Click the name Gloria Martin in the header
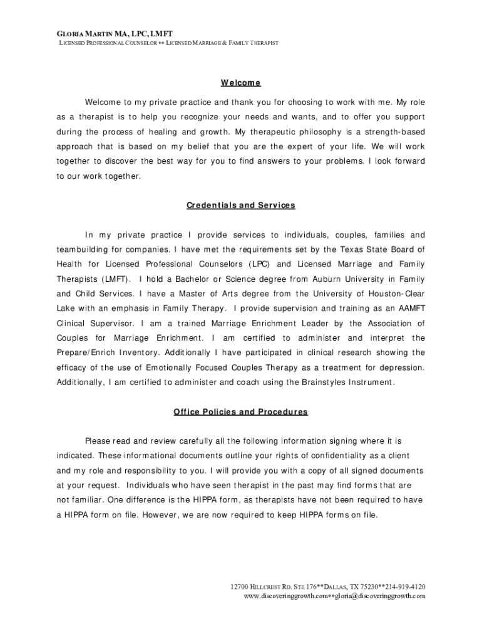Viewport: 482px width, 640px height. pos(81,32)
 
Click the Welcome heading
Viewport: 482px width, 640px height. pos(240,83)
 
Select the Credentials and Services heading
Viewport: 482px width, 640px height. pos(240,205)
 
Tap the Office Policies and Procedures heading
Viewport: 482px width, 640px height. pos(240,412)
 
